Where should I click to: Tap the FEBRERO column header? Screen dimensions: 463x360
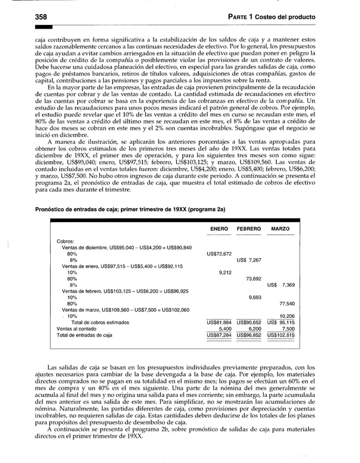(248, 230)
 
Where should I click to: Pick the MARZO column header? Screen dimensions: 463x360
(280, 230)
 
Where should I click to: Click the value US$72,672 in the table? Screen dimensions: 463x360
(219, 254)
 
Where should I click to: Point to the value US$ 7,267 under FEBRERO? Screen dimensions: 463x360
(249, 260)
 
